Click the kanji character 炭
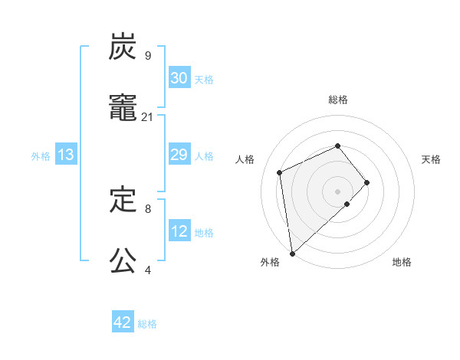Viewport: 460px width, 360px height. [x=123, y=47]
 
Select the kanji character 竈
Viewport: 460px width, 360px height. [x=123, y=109]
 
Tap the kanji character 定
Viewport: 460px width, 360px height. [x=123, y=201]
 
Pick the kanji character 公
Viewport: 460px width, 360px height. [x=123, y=262]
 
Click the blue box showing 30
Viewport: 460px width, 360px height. [x=179, y=78]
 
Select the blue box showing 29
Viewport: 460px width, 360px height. [x=179, y=155]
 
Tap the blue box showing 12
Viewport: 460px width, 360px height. [x=179, y=231]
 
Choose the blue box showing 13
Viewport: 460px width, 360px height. [x=66, y=155]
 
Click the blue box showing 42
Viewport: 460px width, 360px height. [x=123, y=323]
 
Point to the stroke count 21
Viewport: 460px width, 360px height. [x=148, y=117]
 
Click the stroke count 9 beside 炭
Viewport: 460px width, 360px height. [x=147, y=56]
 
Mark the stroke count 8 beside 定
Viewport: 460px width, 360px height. [x=147, y=208]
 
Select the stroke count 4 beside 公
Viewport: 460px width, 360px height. [x=147, y=270]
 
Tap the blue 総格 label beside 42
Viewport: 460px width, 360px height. [x=147, y=324]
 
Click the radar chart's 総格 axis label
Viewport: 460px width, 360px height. [x=337, y=100]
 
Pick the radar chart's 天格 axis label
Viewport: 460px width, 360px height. [x=431, y=159]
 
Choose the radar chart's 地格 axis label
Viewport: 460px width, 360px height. [x=402, y=262]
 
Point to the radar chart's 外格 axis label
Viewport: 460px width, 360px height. [x=270, y=262]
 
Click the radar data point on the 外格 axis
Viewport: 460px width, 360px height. [x=291, y=253]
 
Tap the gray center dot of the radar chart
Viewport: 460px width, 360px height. [x=337, y=191]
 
